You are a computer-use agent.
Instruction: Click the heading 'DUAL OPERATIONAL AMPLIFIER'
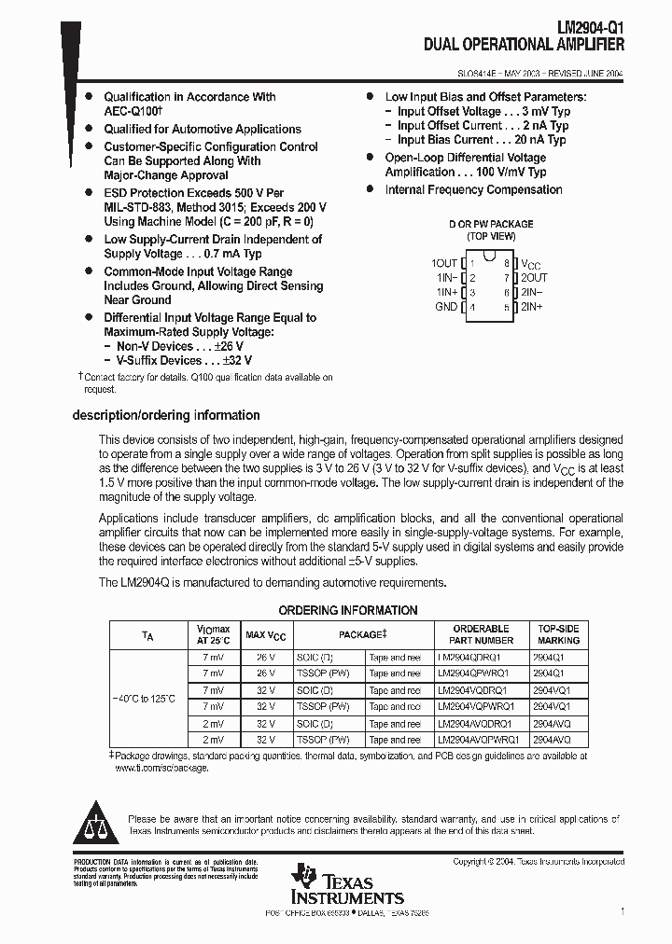coord(524,44)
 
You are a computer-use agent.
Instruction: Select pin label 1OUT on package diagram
coord(445,264)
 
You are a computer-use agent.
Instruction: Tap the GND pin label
coord(446,307)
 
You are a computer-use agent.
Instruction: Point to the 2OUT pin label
coord(534,278)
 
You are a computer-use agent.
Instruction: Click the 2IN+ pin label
coord(532,307)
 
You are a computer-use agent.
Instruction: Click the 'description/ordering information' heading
coord(166,415)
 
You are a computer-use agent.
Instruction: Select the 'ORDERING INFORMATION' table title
coord(348,611)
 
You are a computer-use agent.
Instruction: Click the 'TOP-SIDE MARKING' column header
coord(558,634)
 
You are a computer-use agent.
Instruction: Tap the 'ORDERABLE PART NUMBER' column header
coord(481,634)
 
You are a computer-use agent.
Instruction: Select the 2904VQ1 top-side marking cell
coord(551,690)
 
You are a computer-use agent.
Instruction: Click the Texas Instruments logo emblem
coord(305,877)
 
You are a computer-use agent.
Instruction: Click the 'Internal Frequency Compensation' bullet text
coord(473,189)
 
